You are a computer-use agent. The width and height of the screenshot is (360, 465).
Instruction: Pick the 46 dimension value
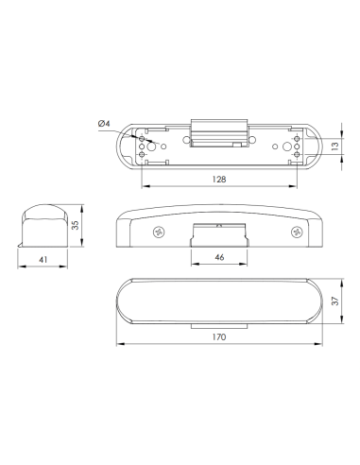(x=217, y=256)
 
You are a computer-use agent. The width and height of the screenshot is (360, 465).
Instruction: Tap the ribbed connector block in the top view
(x=218, y=133)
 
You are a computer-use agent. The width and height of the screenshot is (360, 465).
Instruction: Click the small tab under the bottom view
(x=217, y=324)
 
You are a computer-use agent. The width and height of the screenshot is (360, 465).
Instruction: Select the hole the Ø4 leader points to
(x=143, y=139)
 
